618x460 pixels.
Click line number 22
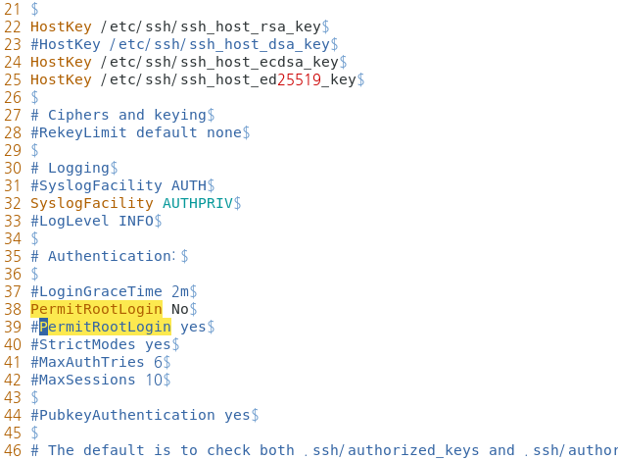pos(12,26)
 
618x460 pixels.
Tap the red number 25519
pos(299,79)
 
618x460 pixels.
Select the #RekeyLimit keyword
pos(78,132)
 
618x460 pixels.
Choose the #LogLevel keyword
pos(70,221)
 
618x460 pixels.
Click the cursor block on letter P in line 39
pos(43,327)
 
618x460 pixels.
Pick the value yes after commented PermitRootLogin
pos(193,327)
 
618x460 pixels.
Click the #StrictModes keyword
pos(83,344)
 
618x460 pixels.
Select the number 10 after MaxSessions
pos(153,380)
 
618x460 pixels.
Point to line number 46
pos(12,450)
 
